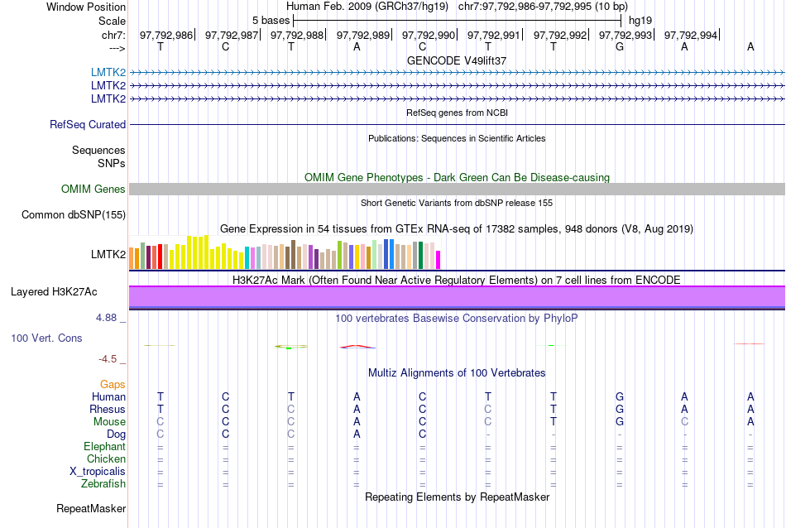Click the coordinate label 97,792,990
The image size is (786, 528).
pos(429,35)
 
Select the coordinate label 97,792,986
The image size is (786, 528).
pos(166,35)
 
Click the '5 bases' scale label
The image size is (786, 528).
pos(271,20)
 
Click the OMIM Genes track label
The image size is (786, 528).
pos(93,190)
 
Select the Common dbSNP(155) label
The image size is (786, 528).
pos(74,215)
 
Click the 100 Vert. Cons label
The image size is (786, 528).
pos(47,338)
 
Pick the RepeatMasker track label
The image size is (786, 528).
pos(91,508)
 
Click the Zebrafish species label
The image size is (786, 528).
pos(103,484)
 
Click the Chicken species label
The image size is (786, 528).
pos(106,459)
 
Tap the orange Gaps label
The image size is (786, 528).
pos(113,385)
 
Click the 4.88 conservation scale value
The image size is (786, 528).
pos(108,318)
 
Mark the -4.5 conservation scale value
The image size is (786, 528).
pos(109,359)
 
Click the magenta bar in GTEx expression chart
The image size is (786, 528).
pos(439,260)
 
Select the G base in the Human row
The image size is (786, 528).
pos(620,397)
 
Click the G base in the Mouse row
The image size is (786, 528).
pos(620,422)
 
